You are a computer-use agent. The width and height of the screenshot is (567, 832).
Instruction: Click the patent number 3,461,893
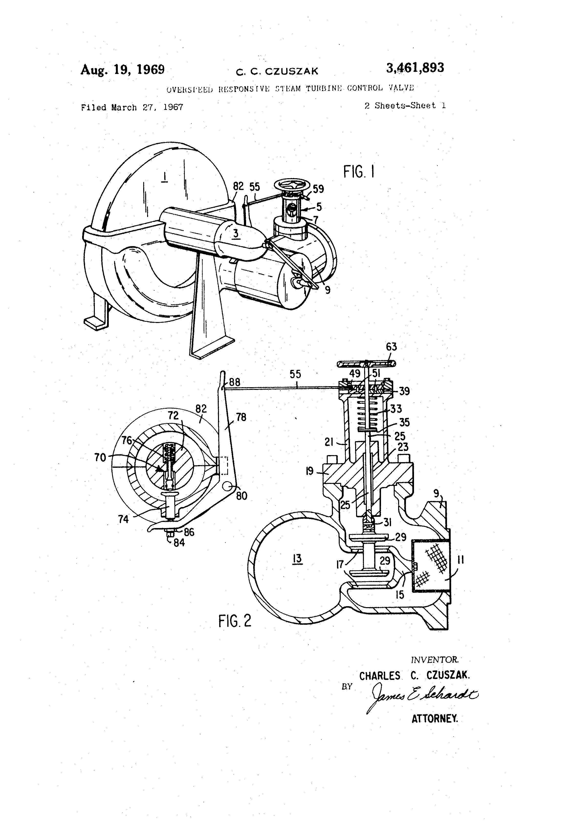[x=415, y=68]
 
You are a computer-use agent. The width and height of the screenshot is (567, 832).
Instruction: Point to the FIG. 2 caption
[x=235, y=621]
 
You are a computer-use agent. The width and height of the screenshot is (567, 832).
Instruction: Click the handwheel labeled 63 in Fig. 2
[x=366, y=364]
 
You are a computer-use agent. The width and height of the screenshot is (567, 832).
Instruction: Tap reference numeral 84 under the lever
[x=179, y=543]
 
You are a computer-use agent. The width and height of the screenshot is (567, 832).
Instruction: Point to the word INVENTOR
[x=434, y=659]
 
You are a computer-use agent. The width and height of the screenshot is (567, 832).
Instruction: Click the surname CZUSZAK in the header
[x=291, y=71]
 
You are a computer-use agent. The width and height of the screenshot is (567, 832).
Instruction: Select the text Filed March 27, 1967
[x=132, y=107]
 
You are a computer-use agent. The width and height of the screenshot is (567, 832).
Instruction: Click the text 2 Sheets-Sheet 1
[x=405, y=106]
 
